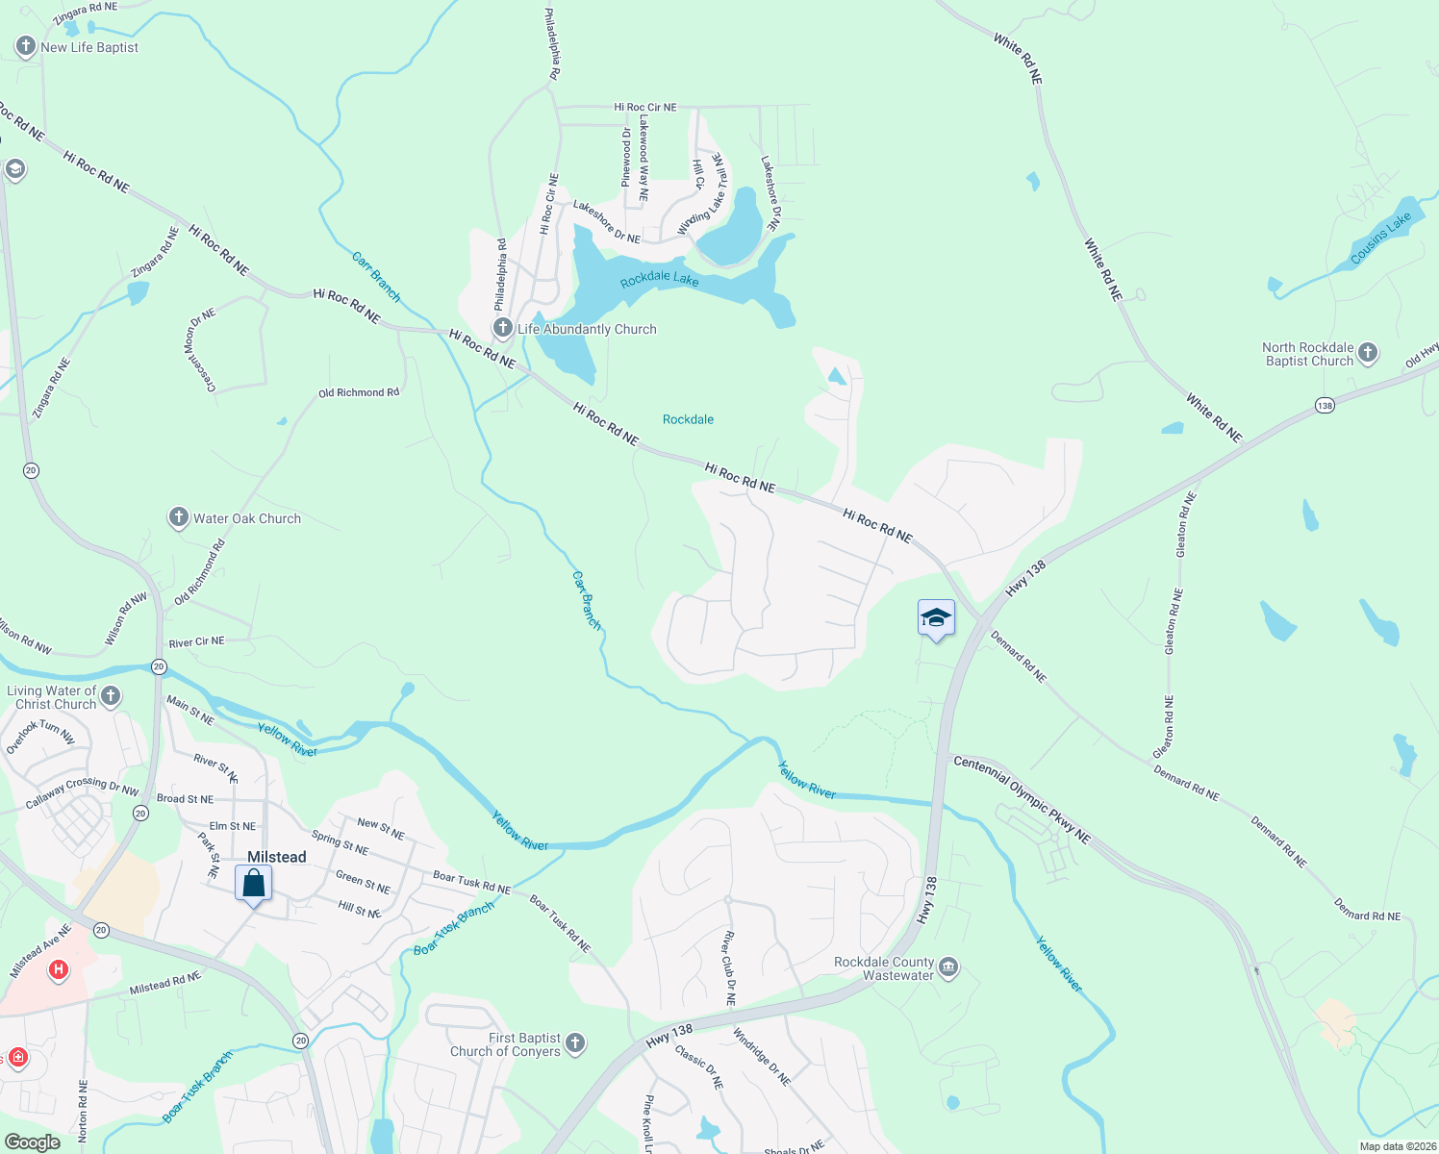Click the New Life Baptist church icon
[x=25, y=47]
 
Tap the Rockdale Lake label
[x=659, y=279]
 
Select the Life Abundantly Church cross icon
[x=502, y=329]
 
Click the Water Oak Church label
[x=247, y=518]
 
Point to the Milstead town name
[x=277, y=857]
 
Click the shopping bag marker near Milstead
[x=254, y=883]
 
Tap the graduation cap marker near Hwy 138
[x=936, y=617]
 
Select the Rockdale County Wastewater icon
[x=948, y=967]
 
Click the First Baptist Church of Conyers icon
[x=575, y=1043]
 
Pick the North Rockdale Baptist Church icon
[x=1368, y=353]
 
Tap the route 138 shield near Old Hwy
[x=1325, y=406]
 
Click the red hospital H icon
[x=59, y=969]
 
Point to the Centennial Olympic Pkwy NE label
[x=1022, y=800]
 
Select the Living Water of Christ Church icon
[x=111, y=696]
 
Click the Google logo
[x=32, y=1142]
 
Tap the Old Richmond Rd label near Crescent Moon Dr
[x=359, y=392]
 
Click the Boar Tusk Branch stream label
[x=454, y=929]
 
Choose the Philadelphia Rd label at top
[x=552, y=43]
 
